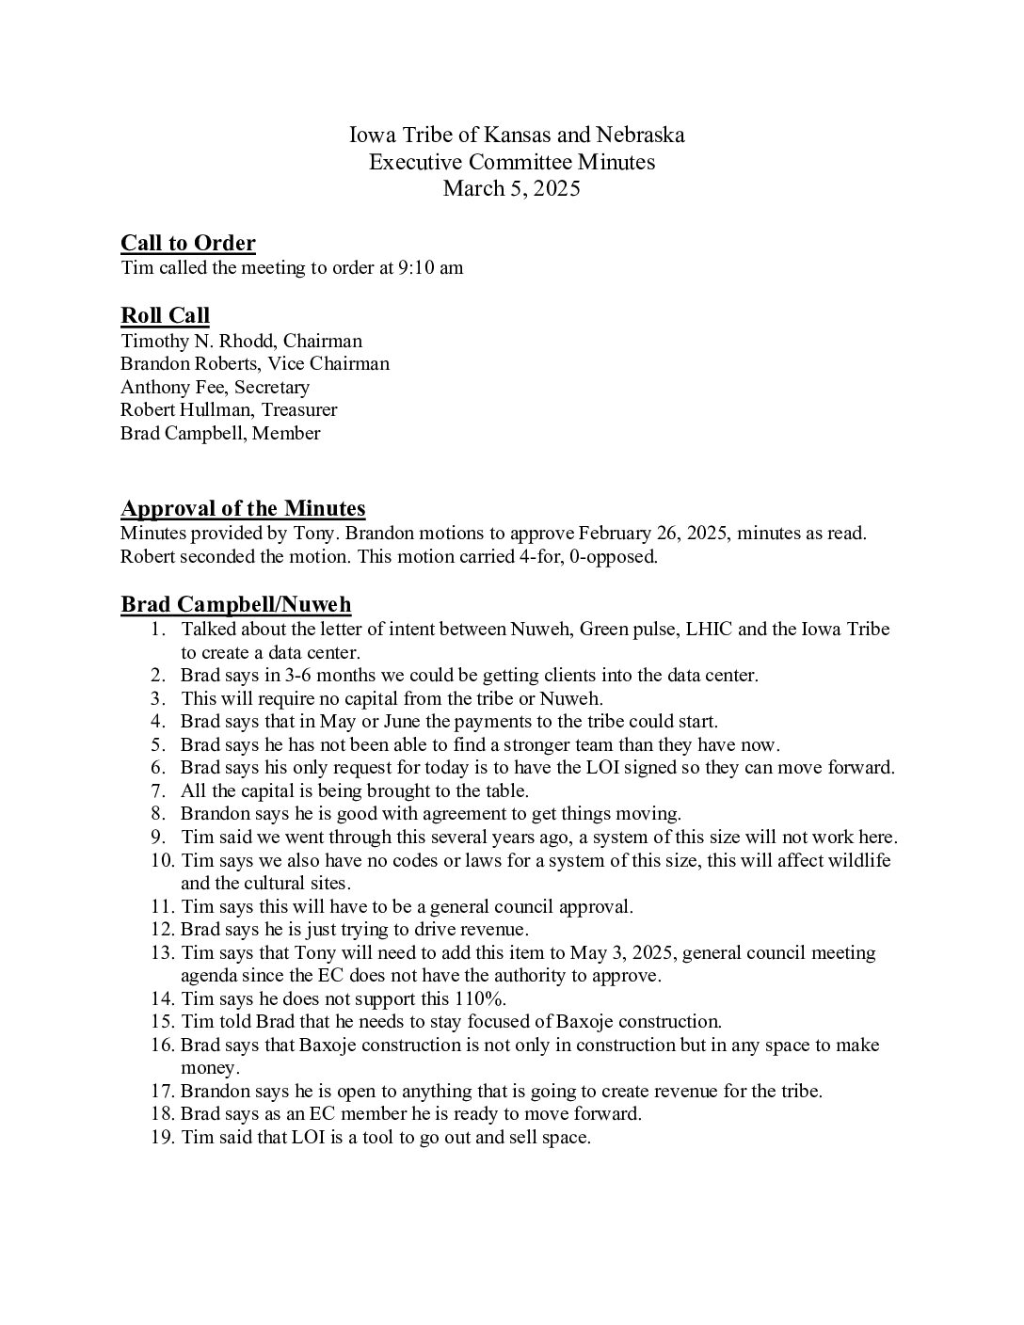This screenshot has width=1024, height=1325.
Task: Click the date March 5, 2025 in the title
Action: tap(511, 188)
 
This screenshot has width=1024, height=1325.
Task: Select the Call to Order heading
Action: tap(188, 243)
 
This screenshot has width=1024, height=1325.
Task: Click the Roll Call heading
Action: tap(165, 315)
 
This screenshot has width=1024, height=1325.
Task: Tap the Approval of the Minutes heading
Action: tap(243, 508)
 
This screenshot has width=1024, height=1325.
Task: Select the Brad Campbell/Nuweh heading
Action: tap(236, 604)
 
